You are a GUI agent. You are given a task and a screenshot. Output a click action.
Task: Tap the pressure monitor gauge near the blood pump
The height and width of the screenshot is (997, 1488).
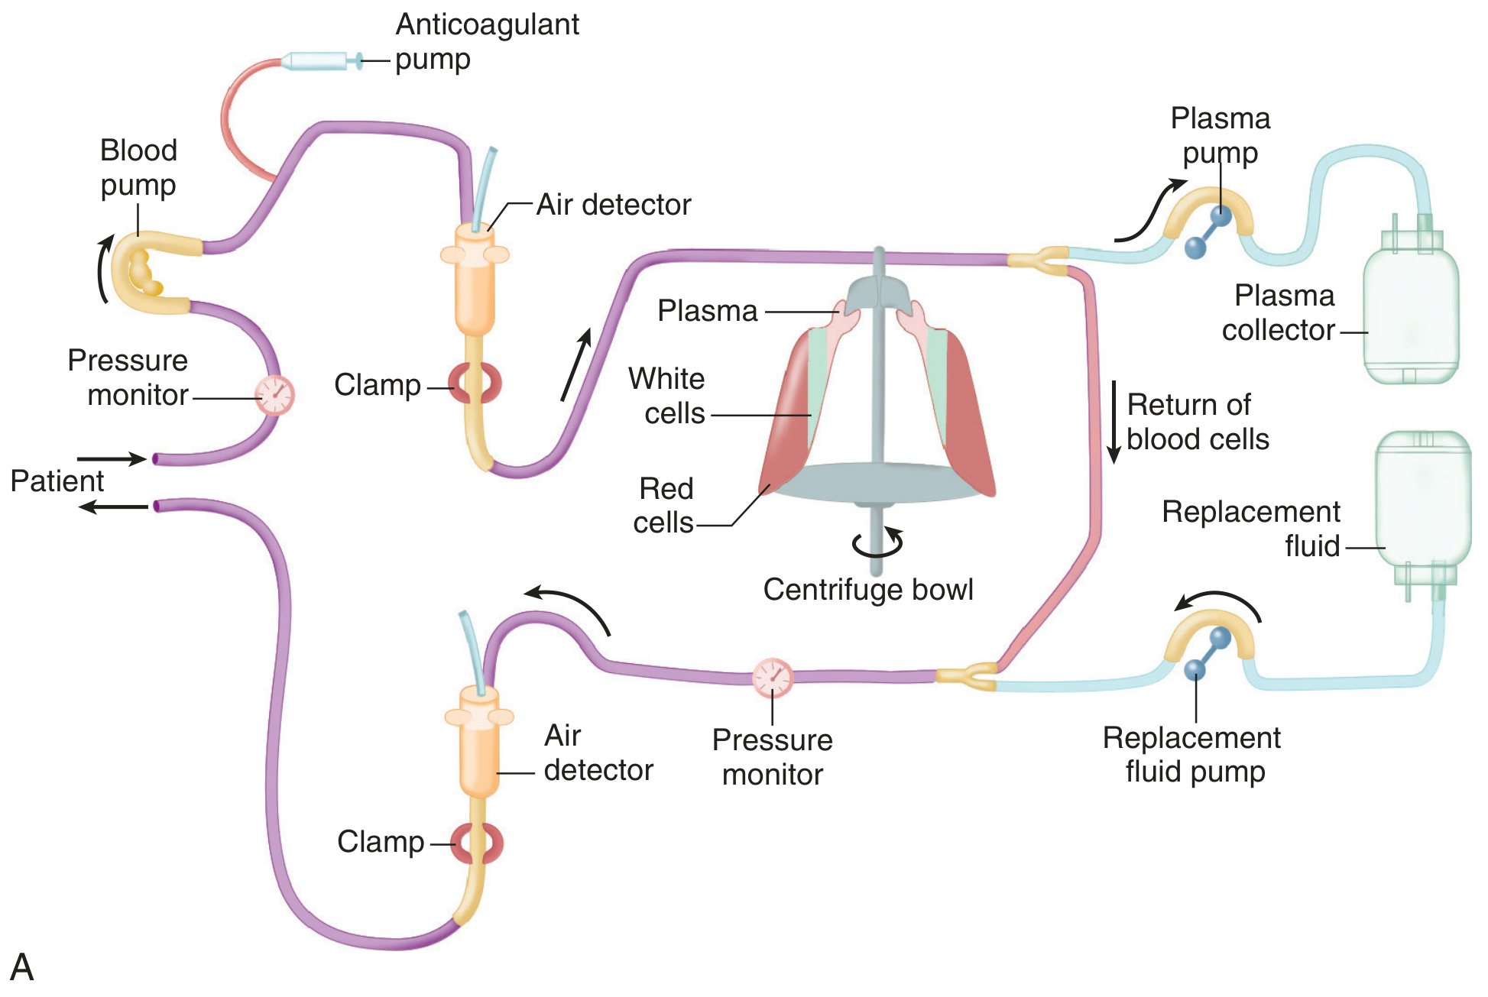coord(274,395)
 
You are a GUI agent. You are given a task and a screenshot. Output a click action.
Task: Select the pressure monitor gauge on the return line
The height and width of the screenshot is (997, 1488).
coord(773,678)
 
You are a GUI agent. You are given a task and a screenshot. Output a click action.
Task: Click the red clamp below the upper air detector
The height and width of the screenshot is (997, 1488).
coord(475,384)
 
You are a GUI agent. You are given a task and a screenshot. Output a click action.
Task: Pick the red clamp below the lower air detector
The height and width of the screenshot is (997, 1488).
coord(478,843)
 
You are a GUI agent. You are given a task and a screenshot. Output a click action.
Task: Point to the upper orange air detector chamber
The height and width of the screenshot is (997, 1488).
coord(475,283)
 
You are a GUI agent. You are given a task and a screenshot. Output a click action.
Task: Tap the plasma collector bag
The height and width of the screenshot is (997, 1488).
coord(1411,313)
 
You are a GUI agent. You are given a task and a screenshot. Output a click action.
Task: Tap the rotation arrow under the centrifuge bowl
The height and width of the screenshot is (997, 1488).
coord(878,542)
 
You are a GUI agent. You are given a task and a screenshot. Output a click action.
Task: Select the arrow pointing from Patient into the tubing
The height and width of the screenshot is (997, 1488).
coord(112,458)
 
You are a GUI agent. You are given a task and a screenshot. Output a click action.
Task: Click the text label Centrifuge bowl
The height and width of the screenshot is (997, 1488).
coord(868,590)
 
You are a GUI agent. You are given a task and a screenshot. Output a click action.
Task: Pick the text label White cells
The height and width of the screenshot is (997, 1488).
coord(666,396)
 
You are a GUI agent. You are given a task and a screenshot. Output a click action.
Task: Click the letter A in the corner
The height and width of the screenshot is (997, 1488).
coord(22,967)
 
